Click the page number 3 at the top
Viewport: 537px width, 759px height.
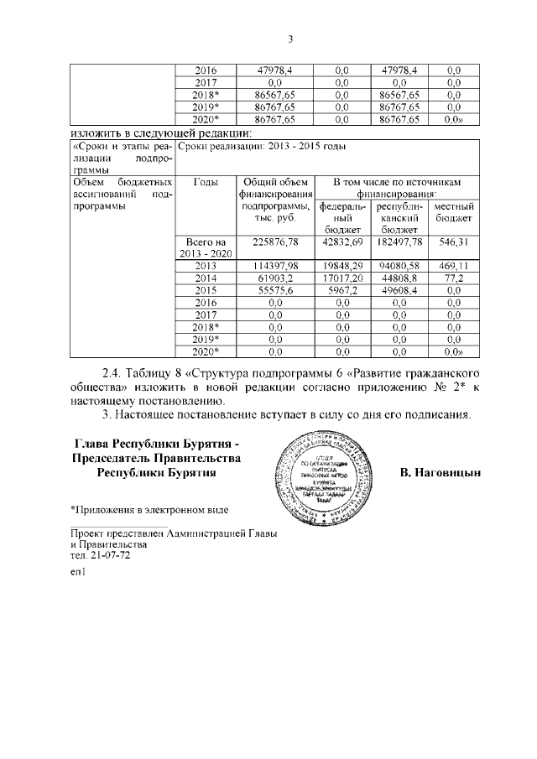pos(289,39)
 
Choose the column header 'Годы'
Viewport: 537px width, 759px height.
pos(206,182)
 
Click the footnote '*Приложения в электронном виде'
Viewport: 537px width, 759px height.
pos(149,509)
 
